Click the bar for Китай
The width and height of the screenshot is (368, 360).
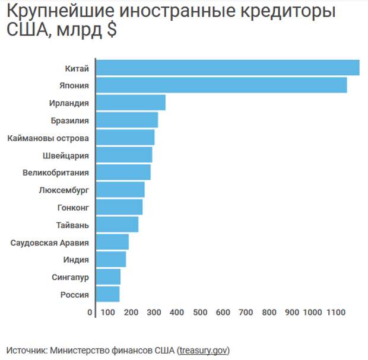click(227, 68)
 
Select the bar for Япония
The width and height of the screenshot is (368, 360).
click(221, 85)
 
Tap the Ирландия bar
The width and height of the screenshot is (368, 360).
click(130, 103)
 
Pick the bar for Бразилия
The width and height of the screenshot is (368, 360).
click(126, 120)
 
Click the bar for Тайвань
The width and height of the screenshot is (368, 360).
click(116, 225)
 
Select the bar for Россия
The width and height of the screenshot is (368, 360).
click(107, 294)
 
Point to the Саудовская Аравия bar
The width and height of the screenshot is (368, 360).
click(112, 242)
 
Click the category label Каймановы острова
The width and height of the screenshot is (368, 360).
click(48, 138)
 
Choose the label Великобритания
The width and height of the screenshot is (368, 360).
click(56, 173)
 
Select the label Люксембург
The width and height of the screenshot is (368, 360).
click(64, 190)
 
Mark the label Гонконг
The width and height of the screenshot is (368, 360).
click(73, 208)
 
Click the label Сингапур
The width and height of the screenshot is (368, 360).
click(71, 277)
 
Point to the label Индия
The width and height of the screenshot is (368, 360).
click(76, 260)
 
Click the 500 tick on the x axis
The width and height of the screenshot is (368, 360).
click(199, 313)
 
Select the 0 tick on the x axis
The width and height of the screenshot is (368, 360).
click(90, 313)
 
